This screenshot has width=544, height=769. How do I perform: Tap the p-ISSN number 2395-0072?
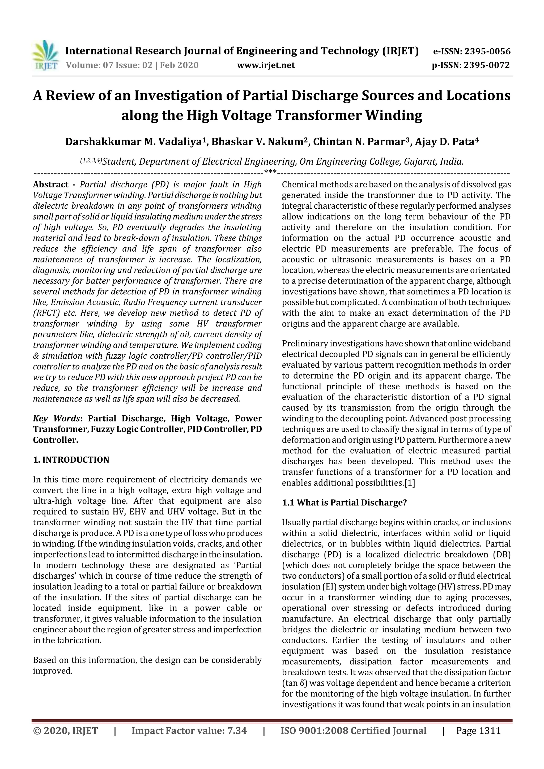[486, 65]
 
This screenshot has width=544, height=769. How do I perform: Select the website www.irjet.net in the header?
[266, 65]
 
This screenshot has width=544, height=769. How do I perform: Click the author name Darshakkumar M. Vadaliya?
[134, 142]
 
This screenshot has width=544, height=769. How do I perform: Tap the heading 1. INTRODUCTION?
[71, 460]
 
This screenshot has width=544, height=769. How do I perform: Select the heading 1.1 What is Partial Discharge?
[344, 503]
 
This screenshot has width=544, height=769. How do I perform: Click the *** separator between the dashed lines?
[270, 172]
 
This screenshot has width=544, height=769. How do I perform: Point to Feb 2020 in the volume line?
[179, 65]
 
